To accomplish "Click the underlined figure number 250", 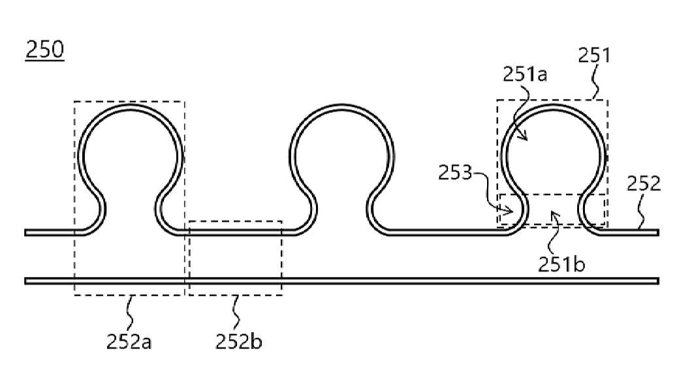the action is point(45,50).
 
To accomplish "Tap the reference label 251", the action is point(594,55).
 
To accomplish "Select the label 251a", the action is point(525,74).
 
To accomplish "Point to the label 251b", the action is point(561,264).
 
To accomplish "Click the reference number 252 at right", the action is point(643,184).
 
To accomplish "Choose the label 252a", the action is point(129,342).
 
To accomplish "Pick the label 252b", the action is point(239,342).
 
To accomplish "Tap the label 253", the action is point(456,172).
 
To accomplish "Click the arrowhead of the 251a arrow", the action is point(525,137).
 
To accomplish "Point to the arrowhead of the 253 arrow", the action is point(509,211).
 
